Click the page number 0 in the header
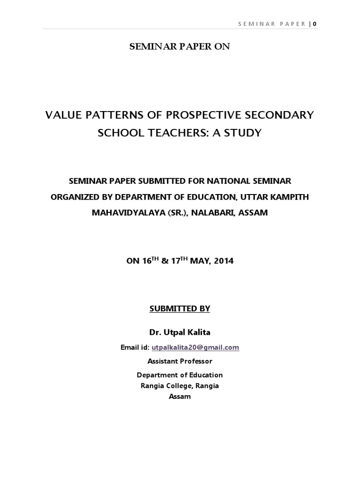tap(315, 24)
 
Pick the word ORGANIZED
tap(77, 197)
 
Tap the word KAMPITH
tap(287, 197)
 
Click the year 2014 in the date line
tap(224, 261)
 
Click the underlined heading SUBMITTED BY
tap(180, 308)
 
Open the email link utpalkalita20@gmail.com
tap(195, 347)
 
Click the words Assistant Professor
tap(180, 361)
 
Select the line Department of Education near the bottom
tap(180, 375)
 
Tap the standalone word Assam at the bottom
tap(180, 397)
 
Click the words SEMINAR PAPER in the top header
tap(271, 24)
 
